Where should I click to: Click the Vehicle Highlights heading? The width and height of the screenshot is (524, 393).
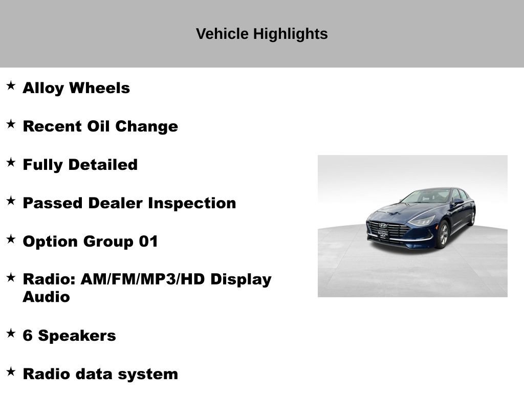pos(261,34)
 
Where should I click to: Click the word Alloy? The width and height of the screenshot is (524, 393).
pos(43,88)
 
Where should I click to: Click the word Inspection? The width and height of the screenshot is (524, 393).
pos(192,203)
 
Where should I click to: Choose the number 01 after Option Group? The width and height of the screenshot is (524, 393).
pos(148,242)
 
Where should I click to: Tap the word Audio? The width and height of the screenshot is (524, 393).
pos(46,297)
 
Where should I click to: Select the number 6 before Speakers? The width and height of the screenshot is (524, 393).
pos(28,336)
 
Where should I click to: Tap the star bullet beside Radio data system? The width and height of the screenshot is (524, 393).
pos(11,372)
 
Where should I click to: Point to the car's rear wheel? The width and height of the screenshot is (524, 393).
pos(472,217)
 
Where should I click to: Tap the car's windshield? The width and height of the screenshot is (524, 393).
pos(426,196)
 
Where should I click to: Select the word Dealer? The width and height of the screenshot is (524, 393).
pos(116,203)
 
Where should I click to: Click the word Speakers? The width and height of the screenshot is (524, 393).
pos(77,336)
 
